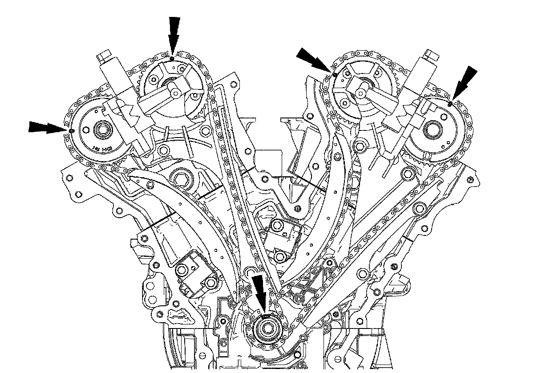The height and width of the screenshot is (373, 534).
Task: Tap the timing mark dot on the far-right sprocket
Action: pyautogui.click(x=450, y=104)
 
